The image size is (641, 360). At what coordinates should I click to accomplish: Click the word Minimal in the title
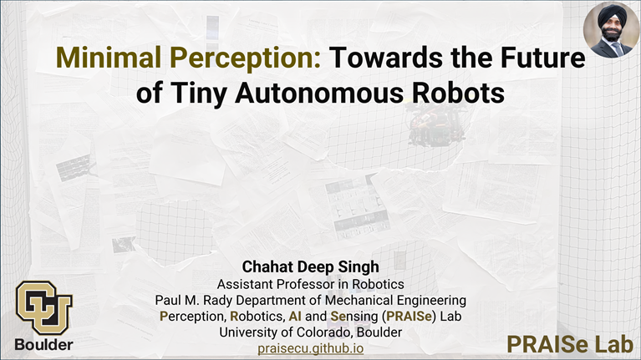click(x=109, y=57)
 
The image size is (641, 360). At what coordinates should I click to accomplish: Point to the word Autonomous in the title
click(x=319, y=93)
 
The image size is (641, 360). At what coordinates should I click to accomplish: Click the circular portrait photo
click(x=611, y=30)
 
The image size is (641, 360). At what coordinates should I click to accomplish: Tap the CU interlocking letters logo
click(x=44, y=307)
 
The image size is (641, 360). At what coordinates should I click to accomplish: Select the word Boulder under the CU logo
click(x=43, y=344)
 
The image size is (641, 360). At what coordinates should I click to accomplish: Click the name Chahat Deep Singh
click(x=311, y=266)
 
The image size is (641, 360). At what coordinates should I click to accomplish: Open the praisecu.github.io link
click(x=311, y=348)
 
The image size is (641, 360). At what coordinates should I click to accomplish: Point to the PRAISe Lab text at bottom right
click(x=570, y=344)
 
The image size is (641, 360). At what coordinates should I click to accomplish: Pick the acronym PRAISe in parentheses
click(x=409, y=317)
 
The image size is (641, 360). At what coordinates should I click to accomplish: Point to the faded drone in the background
click(x=436, y=124)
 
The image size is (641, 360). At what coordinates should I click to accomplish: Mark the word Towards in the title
click(x=384, y=57)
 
